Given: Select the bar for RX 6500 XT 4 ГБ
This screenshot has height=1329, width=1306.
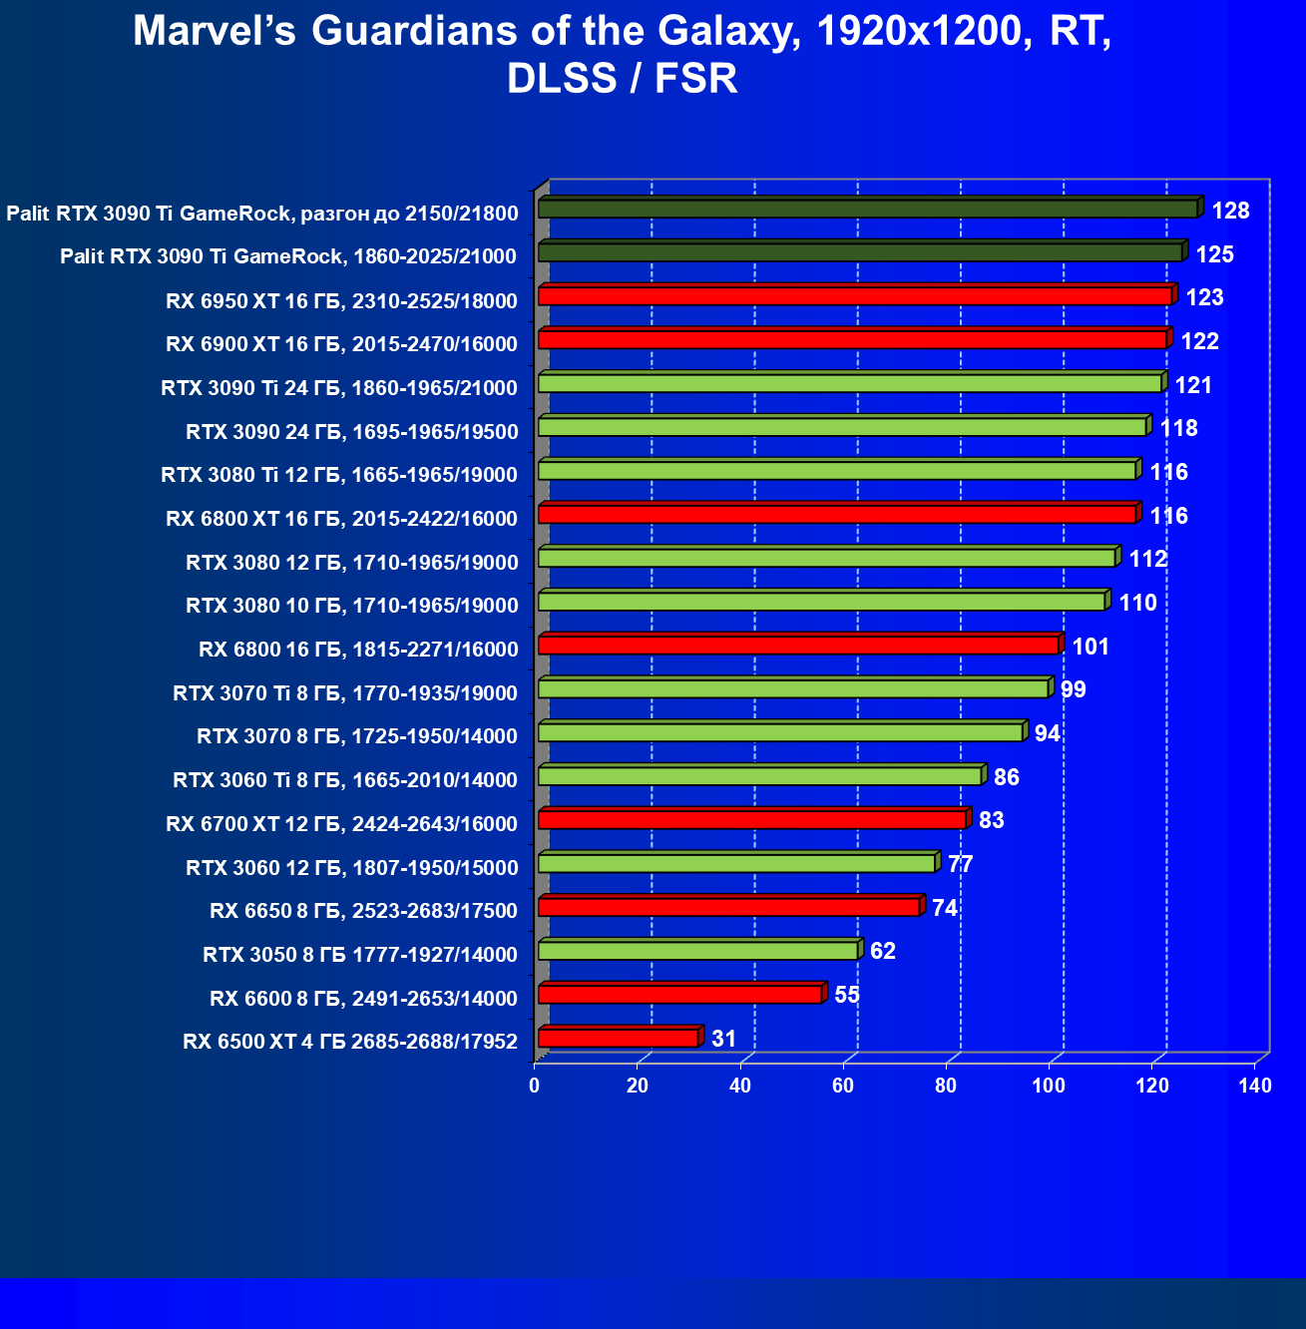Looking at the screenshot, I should [x=619, y=1039].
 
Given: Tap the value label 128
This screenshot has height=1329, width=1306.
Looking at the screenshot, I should [x=1230, y=211].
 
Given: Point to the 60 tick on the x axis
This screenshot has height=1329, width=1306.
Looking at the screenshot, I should [x=843, y=1086].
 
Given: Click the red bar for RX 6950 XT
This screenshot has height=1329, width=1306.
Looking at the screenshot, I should [x=854, y=296].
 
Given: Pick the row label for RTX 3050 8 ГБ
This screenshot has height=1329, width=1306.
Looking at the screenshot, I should [x=360, y=955].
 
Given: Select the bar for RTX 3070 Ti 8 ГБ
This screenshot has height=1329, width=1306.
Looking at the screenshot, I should [x=793, y=688].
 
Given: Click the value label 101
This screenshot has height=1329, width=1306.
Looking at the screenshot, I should [x=1090, y=647].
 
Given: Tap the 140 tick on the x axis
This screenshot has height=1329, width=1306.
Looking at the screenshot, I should [x=1255, y=1086].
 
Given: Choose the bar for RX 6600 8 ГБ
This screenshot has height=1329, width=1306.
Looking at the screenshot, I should [x=679, y=995].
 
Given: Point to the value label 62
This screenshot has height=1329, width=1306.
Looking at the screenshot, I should [x=883, y=951].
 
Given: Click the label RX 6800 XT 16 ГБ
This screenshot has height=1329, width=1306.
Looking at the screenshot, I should [x=341, y=518].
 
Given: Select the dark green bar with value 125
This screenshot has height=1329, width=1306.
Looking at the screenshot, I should [x=860, y=252].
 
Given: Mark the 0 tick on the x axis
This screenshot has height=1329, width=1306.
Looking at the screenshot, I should [x=535, y=1086].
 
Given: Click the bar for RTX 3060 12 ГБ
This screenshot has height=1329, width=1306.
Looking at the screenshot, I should [x=736, y=863].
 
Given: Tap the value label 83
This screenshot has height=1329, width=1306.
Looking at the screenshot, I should [x=992, y=820].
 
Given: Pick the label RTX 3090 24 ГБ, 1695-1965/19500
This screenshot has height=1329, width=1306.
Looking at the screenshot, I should [x=351, y=431].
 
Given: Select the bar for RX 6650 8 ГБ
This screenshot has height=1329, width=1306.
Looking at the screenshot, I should [x=728, y=907].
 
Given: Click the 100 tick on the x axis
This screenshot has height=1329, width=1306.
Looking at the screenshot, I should [x=1049, y=1086].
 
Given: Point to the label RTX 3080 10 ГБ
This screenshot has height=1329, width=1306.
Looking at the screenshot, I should [x=351, y=605].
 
